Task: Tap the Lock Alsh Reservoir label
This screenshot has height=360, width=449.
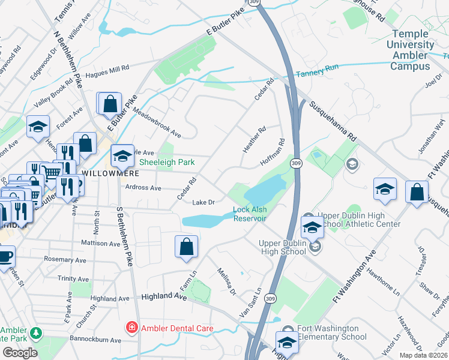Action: point(250,214)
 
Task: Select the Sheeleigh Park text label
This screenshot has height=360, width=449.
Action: point(167,162)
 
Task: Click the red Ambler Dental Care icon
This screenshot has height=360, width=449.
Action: point(130,328)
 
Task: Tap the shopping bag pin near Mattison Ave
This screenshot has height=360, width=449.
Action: point(187,246)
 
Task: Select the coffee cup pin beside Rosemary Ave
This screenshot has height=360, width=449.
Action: point(5,256)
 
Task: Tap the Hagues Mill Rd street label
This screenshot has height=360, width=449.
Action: point(107,71)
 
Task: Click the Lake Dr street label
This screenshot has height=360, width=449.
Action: point(203,202)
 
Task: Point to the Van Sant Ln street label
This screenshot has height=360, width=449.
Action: point(250,302)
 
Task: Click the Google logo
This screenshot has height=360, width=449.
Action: point(20,352)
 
